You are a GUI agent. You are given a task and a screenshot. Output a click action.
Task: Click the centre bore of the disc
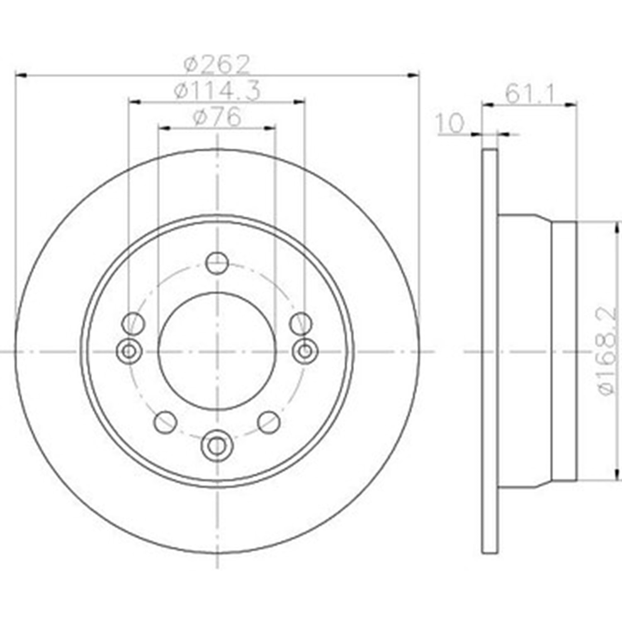216,351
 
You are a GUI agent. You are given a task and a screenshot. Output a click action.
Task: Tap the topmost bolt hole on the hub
217,262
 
